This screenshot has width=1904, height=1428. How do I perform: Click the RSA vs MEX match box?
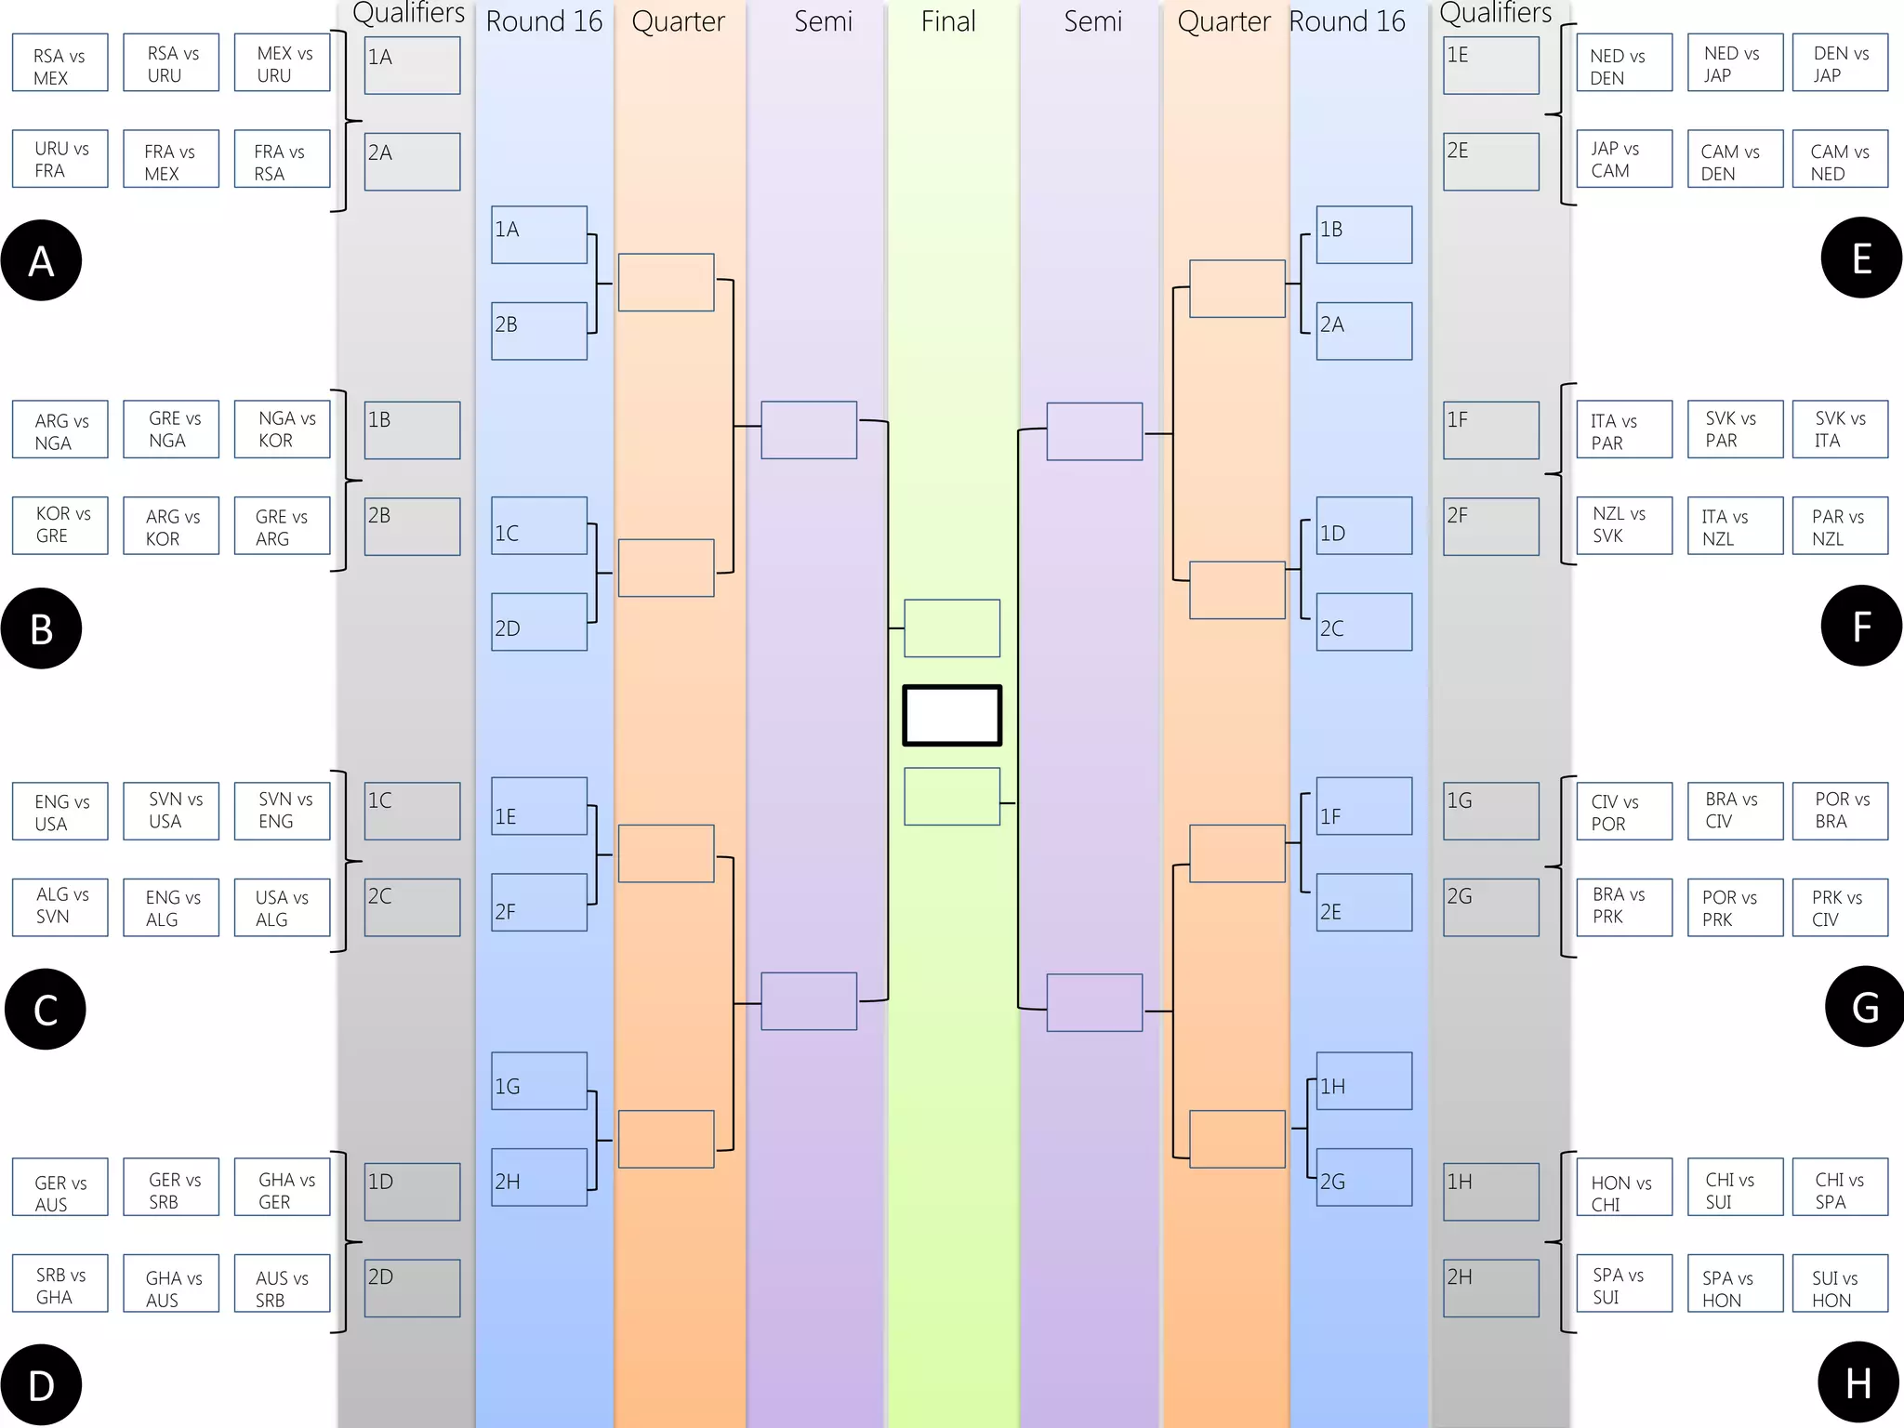coord(59,63)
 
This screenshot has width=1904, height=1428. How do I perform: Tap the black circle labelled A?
coord(41,260)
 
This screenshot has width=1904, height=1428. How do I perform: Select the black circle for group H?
coord(1858,1382)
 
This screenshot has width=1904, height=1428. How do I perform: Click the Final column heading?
coord(948,21)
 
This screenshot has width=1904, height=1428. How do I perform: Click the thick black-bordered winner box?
coord(952,716)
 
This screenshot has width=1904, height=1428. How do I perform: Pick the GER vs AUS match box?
coord(59,1187)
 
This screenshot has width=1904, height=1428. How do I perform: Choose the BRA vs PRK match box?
coord(1624,907)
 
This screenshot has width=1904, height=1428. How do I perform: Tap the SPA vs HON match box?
coord(1735,1284)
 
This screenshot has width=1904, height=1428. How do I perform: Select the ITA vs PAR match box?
coord(1624,430)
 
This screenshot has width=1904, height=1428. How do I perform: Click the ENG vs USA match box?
coord(59,812)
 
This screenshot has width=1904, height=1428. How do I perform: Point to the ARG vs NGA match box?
coord(59,430)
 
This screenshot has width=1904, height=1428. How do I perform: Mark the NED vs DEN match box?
coord(1624,63)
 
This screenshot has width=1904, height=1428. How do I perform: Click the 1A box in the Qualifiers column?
coord(412,65)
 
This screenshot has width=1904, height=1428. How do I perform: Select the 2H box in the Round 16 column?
coord(539,1177)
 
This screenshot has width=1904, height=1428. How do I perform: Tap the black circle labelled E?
coord(1861,258)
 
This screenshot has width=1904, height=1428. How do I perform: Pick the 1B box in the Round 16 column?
coord(1364,234)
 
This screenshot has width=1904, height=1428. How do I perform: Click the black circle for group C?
coord(45,1009)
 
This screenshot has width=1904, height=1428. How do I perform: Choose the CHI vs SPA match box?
coord(1840,1187)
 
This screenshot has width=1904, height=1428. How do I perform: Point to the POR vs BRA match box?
coord(1840,812)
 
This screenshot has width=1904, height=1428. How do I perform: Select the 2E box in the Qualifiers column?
coord(1490,162)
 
